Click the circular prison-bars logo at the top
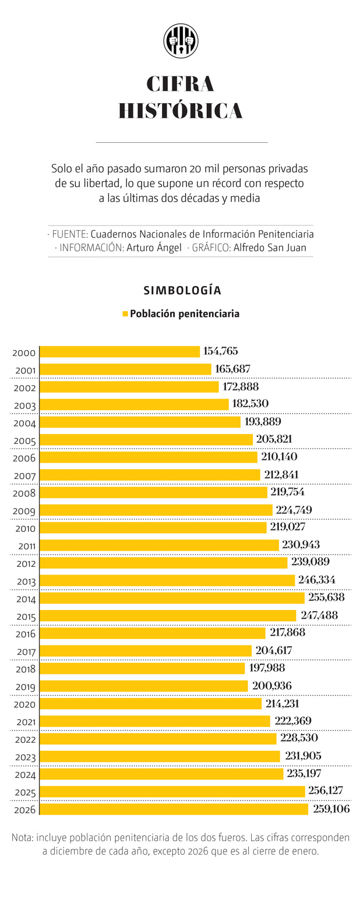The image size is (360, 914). coord(181,41)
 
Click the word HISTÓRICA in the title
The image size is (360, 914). coord(181,111)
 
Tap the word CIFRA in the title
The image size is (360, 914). coord(181,84)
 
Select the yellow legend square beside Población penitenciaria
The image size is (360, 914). coord(125,314)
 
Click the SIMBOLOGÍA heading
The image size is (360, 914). coord(182,290)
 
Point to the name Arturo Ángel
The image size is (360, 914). coord(154,248)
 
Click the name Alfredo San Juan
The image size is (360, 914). coord(270,248)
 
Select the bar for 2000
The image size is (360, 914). coord(119,351)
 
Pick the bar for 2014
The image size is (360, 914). coord(172,598)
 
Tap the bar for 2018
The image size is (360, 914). coord(142,668)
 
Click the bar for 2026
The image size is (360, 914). coord(174,809)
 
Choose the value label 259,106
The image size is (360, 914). coord(331,809)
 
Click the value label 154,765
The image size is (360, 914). coord(220,351)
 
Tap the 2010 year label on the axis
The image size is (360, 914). coord(24,529)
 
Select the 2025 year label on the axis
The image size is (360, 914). coord(24,793)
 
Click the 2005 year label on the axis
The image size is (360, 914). coord(24,441)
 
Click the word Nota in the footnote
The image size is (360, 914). coord(22,838)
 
